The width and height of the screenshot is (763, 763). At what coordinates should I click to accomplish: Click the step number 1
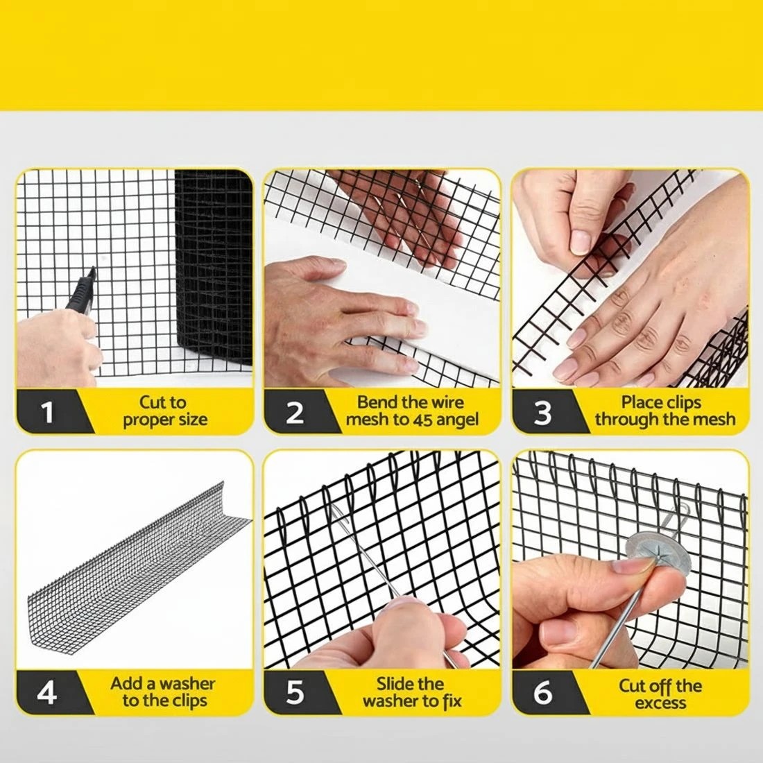[x=48, y=412]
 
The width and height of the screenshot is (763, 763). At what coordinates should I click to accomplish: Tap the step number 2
[x=295, y=412]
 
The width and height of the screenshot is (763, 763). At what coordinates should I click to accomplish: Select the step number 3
[x=542, y=412]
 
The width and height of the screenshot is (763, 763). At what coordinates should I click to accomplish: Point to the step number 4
[x=47, y=692]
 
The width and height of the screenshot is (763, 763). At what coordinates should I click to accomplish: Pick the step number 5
[x=295, y=692]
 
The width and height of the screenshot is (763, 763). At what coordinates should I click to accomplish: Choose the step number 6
[x=542, y=692]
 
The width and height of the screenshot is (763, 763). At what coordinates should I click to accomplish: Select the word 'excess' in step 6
[x=660, y=703]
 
